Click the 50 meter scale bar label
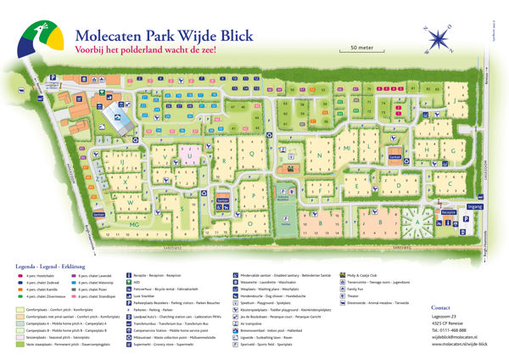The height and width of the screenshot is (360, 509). pos(363,47)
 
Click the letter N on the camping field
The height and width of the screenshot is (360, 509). pos(319,156)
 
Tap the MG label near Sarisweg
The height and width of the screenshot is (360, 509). pos(133,224)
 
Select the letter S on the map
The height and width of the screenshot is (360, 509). pos(181,207)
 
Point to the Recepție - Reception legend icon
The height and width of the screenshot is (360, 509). pos(129,275)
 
